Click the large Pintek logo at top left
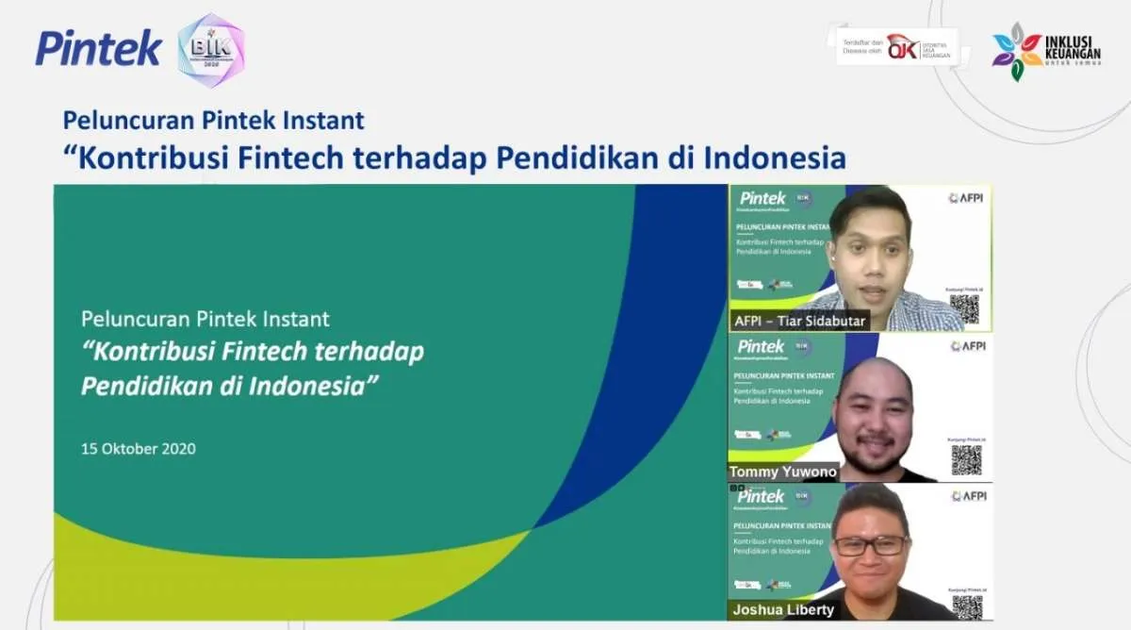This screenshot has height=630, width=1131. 98,47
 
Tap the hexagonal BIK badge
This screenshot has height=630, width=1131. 211,50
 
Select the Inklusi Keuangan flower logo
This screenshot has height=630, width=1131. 1017,51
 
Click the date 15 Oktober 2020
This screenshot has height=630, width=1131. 139,449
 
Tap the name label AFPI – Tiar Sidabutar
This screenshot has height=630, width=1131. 799,321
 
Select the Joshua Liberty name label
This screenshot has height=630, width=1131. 782,609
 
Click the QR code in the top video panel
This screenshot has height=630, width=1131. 963,308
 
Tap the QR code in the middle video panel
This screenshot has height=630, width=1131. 965,459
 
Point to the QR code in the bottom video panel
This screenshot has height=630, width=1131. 965,606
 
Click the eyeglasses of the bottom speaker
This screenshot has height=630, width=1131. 871,545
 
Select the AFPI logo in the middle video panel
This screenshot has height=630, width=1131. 968,346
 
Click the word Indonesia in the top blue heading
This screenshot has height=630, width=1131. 775,157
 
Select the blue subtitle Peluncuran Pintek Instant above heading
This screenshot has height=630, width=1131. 213,121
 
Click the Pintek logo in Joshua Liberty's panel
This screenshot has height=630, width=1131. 762,496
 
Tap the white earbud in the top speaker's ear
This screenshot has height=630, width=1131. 833,254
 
